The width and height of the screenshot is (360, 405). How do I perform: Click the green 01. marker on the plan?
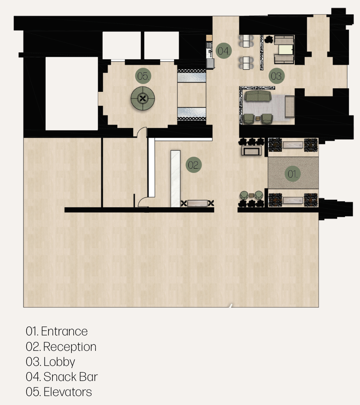coord(293,174)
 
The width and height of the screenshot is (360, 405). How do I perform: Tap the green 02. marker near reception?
coord(193,165)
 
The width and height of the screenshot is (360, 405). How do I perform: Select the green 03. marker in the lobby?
coord(276,76)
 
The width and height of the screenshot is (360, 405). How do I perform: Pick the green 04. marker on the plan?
coord(224,51)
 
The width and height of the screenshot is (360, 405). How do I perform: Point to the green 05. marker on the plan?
coord(143,76)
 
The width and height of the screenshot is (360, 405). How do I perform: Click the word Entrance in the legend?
coord(64,331)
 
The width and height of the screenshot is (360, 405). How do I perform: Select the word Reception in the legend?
coord(70,347)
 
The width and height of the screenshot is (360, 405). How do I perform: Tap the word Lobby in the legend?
coord(59,362)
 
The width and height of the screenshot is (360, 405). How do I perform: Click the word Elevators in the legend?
coord(68,392)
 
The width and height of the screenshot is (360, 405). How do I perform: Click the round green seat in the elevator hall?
coord(142,98)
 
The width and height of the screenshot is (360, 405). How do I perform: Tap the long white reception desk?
coord(176,179)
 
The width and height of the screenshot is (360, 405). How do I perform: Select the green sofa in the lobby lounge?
coord(258,95)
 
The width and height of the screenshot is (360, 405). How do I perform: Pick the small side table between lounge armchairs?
coord(258,118)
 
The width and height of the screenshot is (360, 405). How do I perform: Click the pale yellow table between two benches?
coord(286,50)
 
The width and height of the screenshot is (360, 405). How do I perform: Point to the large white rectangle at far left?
coord(71,94)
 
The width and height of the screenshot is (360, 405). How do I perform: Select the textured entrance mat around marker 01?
coord(293,173)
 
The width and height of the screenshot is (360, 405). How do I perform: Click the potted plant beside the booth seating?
coord(269,39)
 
